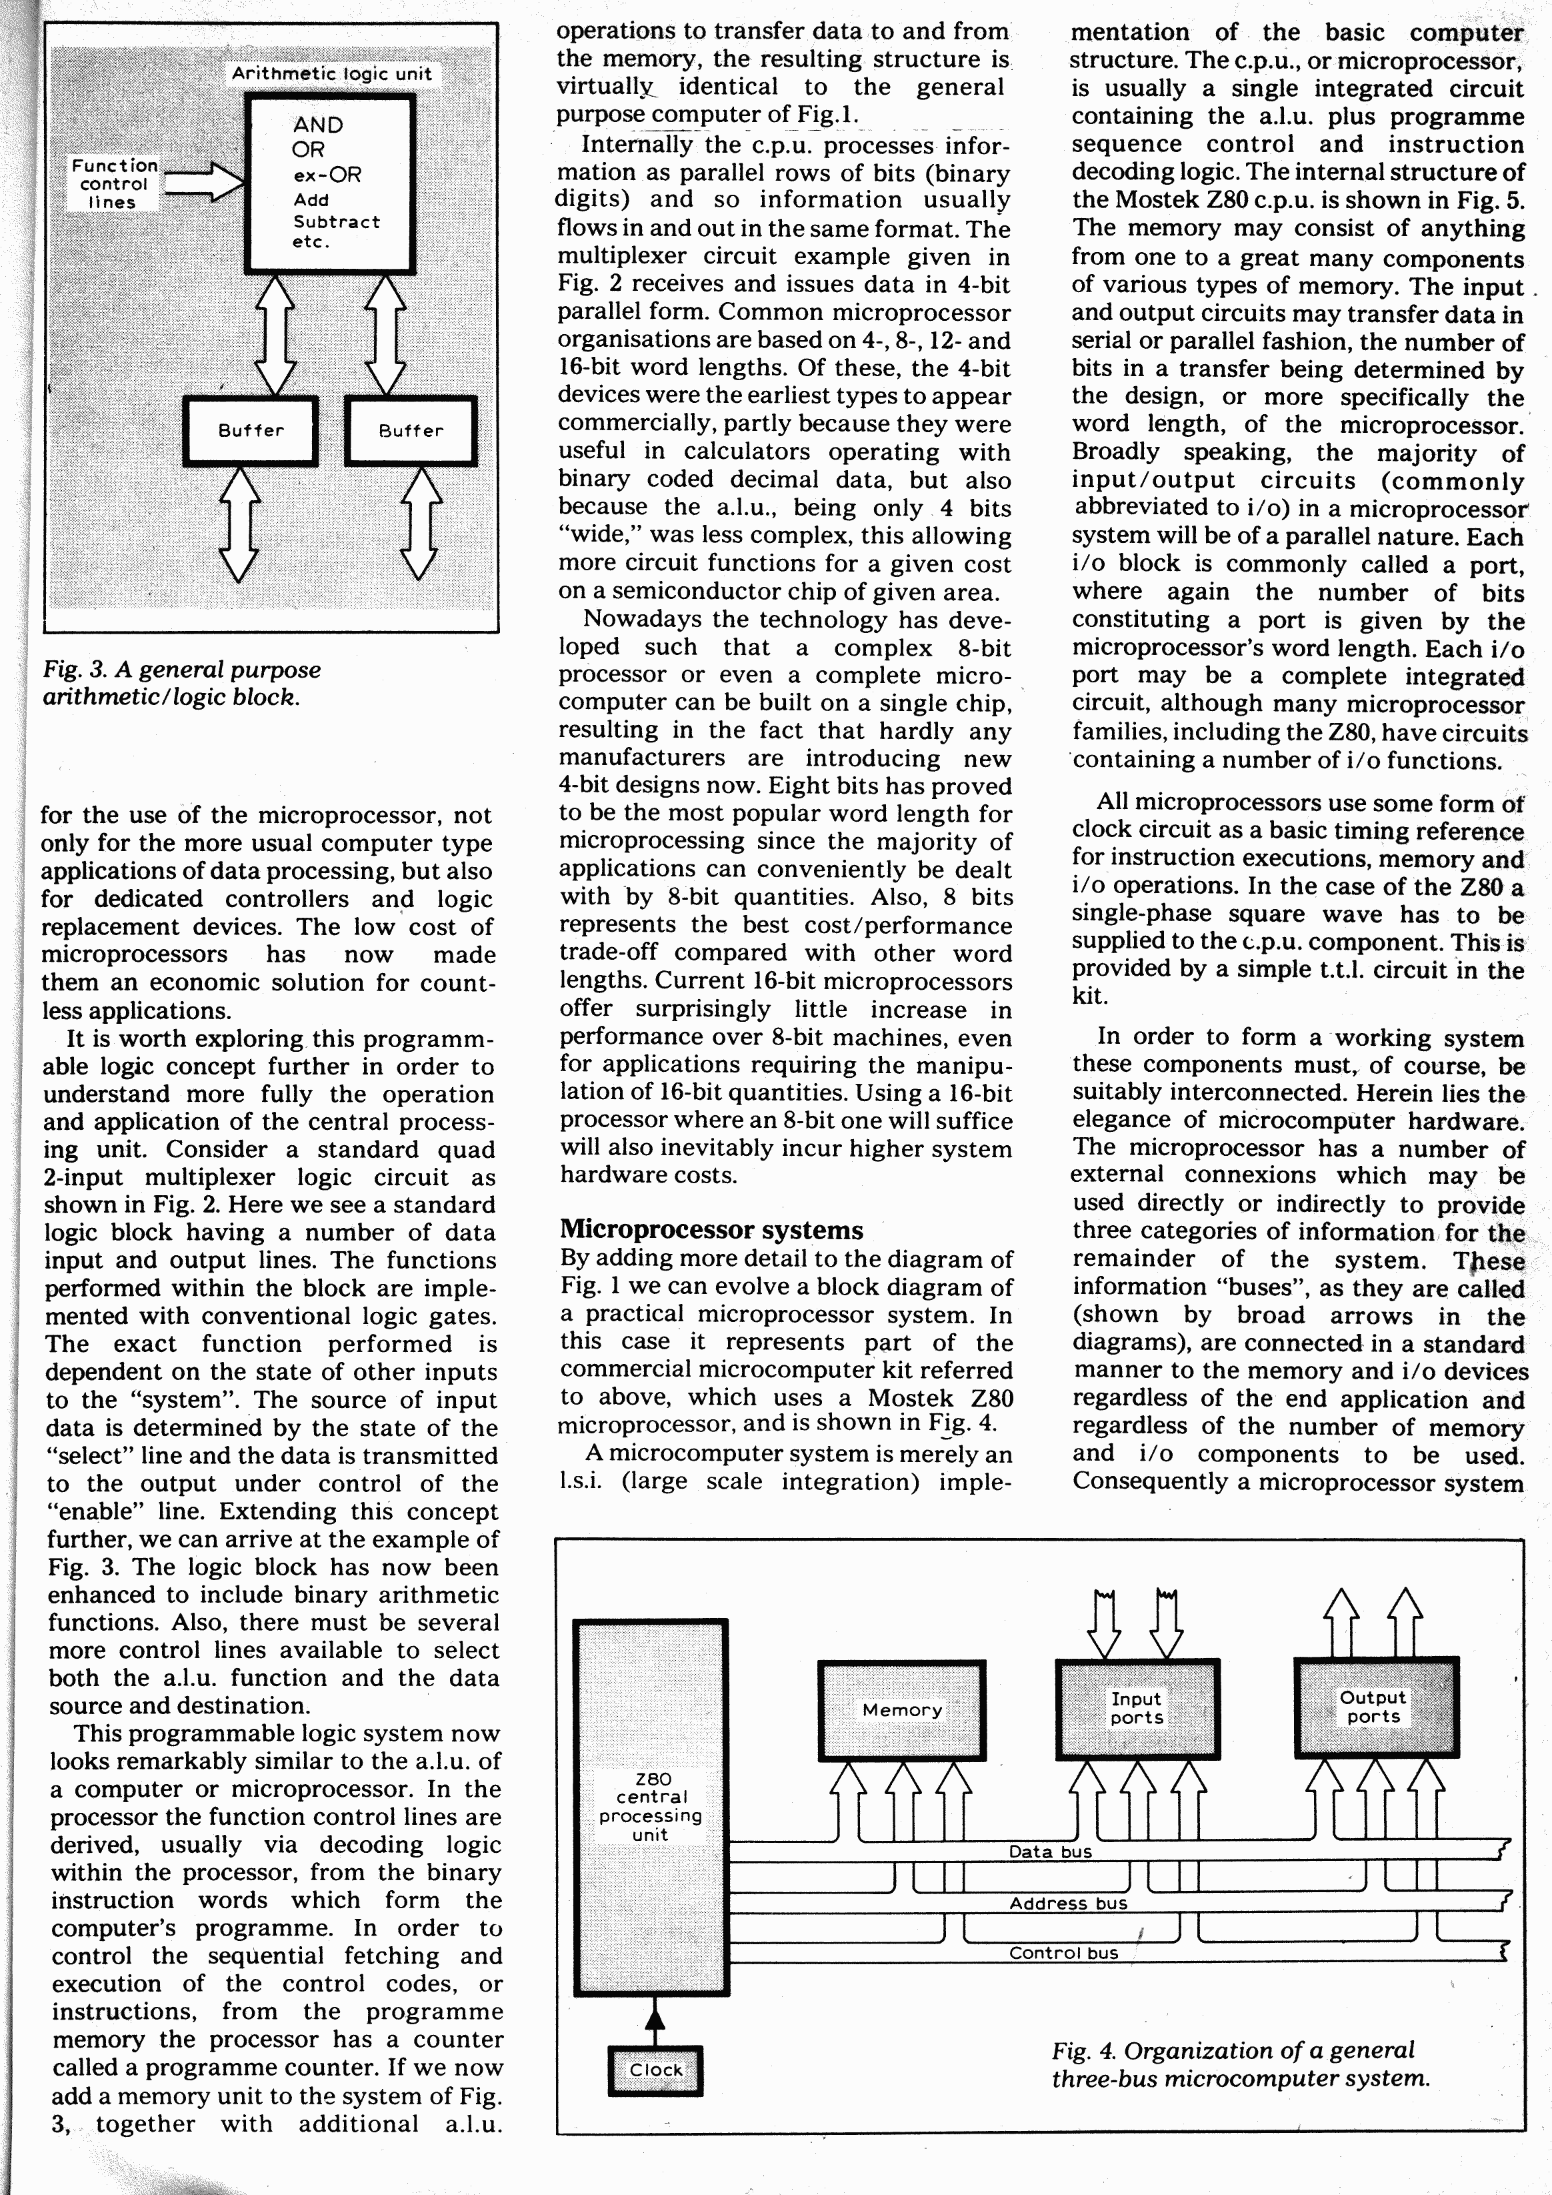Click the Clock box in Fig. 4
pos(655,2070)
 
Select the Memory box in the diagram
pos(901,1709)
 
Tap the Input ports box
pos(1136,1708)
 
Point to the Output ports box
pos(1374,1707)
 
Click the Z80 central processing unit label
pos(651,1806)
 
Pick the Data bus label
pos(1049,1852)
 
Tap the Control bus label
pos(1063,1953)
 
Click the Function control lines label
pos(114,183)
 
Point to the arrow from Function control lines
pos(203,181)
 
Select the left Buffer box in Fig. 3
pos(251,431)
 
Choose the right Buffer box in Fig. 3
pos(411,431)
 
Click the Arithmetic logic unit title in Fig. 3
pos(331,73)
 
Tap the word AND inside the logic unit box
pos(317,125)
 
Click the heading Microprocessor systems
pos(711,1231)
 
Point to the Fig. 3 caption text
pos(181,682)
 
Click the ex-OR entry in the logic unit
pos(327,175)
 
